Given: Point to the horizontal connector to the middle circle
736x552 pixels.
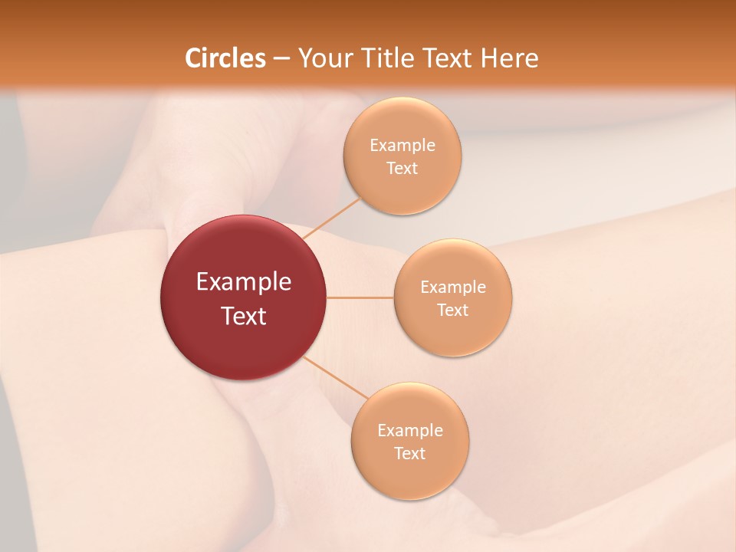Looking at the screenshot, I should (x=360, y=297).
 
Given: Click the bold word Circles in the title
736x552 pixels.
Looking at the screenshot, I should (x=225, y=58).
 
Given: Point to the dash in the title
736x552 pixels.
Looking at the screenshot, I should (x=281, y=59).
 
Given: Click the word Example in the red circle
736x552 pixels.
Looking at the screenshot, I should (x=244, y=282).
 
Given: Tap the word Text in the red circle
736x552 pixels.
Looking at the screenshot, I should (x=244, y=315).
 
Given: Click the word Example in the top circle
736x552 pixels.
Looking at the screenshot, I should (x=402, y=145).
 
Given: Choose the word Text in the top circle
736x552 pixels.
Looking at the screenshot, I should (x=402, y=168).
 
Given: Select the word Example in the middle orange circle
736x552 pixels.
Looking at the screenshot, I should (x=453, y=287).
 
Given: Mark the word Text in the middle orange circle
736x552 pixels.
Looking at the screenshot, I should (x=452, y=310).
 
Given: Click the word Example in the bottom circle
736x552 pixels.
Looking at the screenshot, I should (x=410, y=430).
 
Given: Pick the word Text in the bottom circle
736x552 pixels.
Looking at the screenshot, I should (x=409, y=453).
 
